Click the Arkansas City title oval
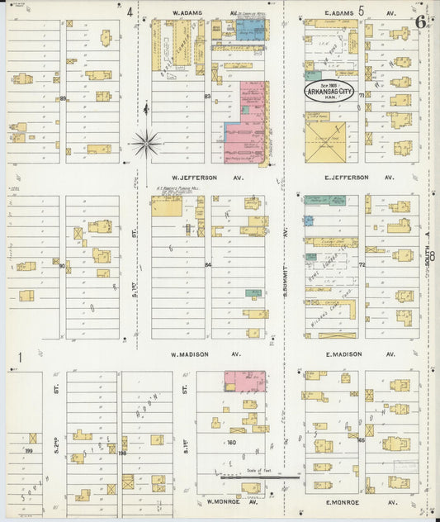[x=330, y=90]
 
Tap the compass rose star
[x=146, y=144]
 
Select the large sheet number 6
[x=422, y=21]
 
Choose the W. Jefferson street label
[x=194, y=178]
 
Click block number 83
[x=208, y=97]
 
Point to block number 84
[x=208, y=265]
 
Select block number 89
[x=63, y=98]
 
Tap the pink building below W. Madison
[x=244, y=381]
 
